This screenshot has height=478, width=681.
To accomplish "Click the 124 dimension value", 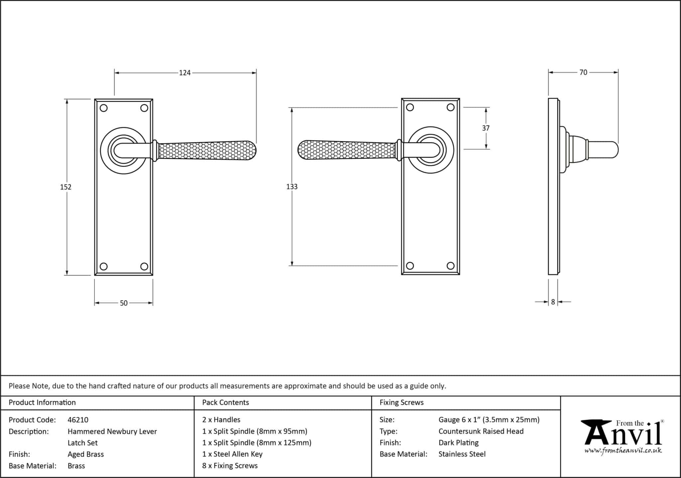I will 185,73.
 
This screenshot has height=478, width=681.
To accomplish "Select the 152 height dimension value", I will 66,187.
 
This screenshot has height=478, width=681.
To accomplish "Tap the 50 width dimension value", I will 123,303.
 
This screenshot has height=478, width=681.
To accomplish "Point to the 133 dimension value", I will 292,187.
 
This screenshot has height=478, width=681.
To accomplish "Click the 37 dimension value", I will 485,128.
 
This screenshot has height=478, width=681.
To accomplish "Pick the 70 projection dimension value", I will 583,72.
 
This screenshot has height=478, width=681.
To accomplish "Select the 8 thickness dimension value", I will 553,302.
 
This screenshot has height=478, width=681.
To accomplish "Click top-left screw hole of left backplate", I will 104,108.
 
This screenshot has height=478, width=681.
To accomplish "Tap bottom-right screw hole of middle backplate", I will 450,266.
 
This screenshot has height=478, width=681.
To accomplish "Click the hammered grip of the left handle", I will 206,151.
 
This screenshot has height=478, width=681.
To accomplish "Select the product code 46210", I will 78,420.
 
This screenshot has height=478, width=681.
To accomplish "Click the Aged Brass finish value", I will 85,454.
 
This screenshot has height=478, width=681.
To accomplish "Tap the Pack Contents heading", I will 225,403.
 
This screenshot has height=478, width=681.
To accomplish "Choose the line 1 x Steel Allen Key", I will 232,454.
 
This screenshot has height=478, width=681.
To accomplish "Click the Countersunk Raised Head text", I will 480,431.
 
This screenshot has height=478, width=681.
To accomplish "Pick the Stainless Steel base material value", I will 462,454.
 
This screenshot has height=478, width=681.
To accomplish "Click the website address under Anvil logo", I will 623,450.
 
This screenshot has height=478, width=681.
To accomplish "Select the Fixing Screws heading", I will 401,403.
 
